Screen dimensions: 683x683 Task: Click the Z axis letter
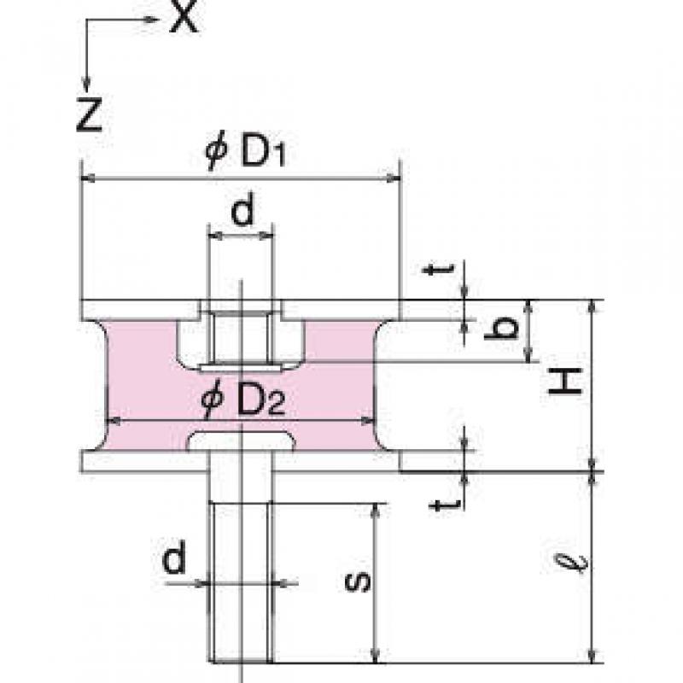click(x=90, y=114)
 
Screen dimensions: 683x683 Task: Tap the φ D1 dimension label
click(x=246, y=153)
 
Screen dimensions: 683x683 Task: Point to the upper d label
click(x=242, y=211)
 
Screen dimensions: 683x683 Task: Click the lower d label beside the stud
click(x=174, y=557)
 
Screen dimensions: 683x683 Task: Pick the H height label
click(x=565, y=381)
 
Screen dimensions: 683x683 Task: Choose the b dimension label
click(x=501, y=328)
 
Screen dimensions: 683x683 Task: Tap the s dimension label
click(x=357, y=582)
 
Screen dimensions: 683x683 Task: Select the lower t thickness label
click(x=445, y=505)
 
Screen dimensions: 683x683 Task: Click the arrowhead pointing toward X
click(x=152, y=19)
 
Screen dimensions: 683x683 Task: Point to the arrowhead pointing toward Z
click(x=87, y=84)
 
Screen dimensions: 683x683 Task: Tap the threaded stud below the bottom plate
click(x=241, y=582)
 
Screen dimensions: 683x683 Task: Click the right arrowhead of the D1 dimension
click(x=394, y=178)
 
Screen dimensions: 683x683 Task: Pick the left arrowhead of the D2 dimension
click(x=114, y=421)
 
